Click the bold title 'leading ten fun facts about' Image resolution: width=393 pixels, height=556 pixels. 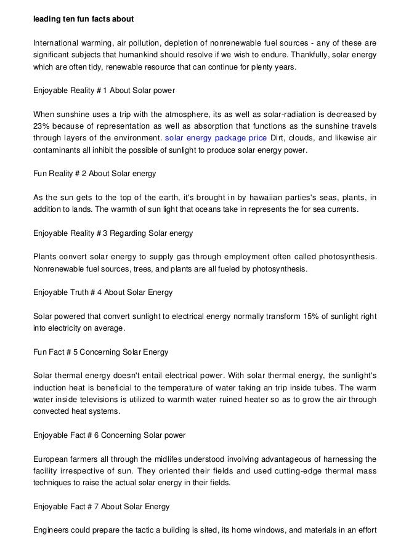(81, 17)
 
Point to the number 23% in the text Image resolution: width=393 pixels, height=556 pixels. (41, 126)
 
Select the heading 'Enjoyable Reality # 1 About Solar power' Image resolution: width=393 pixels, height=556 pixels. (104, 90)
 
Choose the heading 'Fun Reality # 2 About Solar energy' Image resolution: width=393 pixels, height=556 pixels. (95, 174)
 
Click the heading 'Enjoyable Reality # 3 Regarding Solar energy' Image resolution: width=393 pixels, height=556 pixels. (113, 233)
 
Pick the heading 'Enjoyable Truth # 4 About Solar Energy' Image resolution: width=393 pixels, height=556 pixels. (103, 292)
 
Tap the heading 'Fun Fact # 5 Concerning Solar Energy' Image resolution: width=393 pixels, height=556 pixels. (101, 352)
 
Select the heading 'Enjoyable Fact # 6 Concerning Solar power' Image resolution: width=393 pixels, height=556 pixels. (110, 436)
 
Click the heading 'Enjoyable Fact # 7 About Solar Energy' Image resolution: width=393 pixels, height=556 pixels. (102, 507)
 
